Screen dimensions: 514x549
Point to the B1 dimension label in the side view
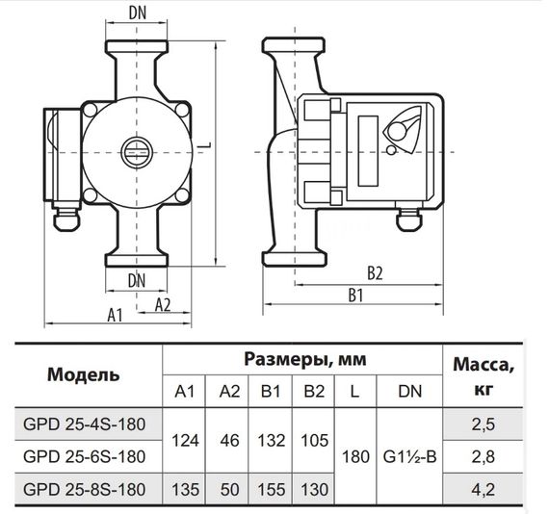point(355,295)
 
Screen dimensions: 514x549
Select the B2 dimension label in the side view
point(375,272)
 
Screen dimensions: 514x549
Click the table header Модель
point(84,374)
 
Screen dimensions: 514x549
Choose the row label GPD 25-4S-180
point(84,423)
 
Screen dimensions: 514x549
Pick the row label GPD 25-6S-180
point(84,455)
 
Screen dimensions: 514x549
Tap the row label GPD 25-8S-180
point(84,489)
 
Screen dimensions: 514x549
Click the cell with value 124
point(185,439)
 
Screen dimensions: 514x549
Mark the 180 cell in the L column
point(355,455)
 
